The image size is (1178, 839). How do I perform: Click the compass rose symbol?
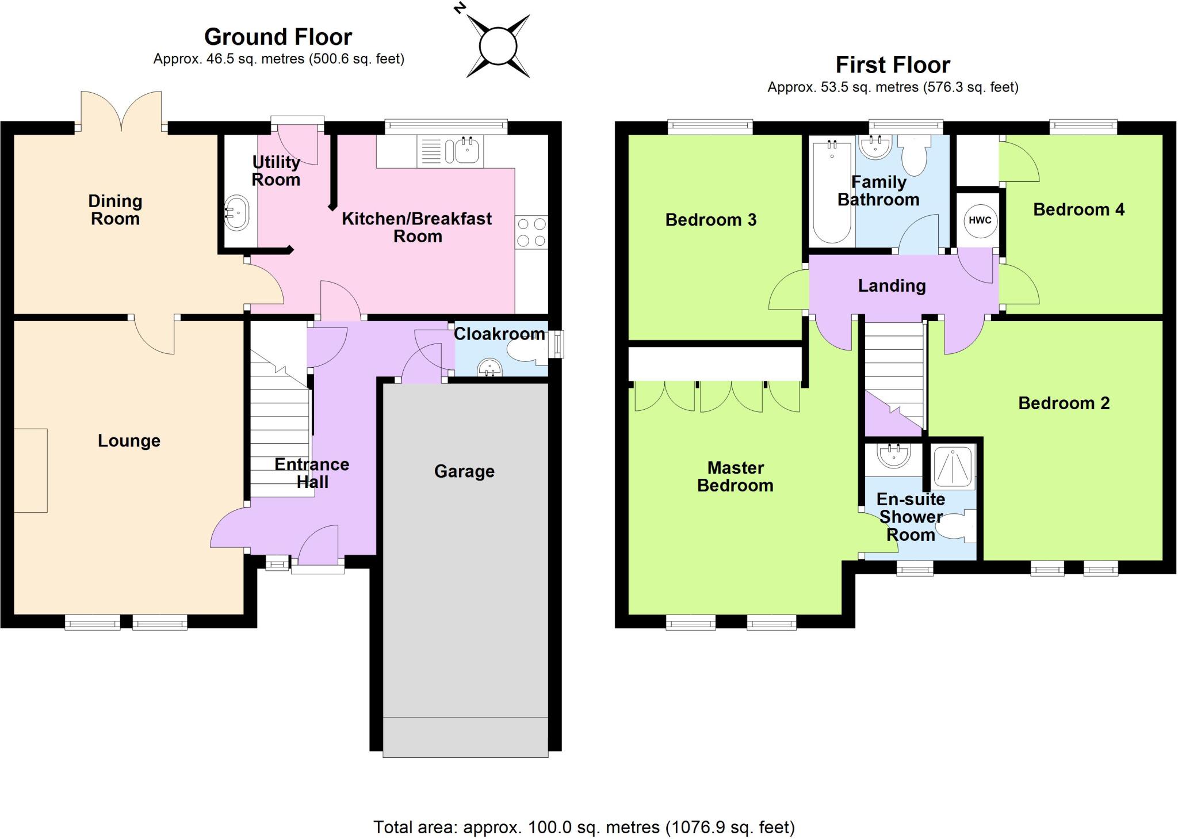(x=498, y=46)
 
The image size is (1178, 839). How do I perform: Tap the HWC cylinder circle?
(x=980, y=220)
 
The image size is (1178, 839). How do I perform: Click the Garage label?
(x=464, y=471)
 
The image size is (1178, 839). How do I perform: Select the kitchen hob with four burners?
(x=531, y=232)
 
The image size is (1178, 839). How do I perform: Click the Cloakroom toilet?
(x=526, y=352)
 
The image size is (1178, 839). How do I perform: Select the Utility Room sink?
(x=236, y=214)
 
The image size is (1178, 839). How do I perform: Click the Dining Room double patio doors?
(x=121, y=113)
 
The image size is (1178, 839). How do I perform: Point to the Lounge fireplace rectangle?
(x=30, y=470)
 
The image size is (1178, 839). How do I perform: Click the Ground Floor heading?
(x=278, y=37)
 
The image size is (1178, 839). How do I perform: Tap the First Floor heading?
(x=892, y=65)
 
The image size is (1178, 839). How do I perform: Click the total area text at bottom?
(x=584, y=827)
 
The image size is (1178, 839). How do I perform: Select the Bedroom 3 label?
(x=710, y=220)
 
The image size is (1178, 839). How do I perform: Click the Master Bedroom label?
(x=735, y=476)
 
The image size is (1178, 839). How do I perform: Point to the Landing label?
(x=892, y=286)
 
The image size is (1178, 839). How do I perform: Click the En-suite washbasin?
(x=893, y=456)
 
